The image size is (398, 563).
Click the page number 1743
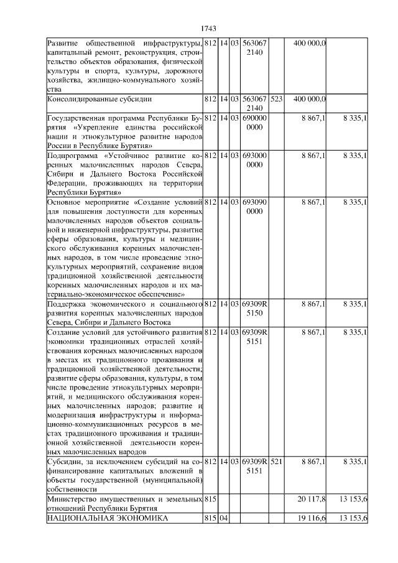208,29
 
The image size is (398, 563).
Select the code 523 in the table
277,98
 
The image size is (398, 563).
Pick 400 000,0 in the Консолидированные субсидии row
309,98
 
